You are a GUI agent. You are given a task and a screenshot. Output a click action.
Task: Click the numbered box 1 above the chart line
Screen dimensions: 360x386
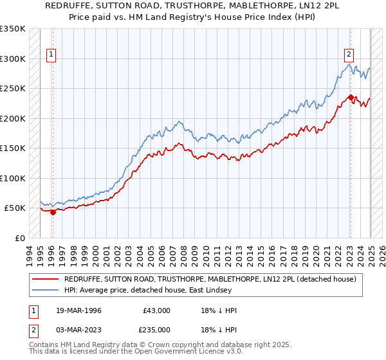(51, 55)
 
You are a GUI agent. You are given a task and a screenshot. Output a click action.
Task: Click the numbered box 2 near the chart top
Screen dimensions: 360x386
(349, 55)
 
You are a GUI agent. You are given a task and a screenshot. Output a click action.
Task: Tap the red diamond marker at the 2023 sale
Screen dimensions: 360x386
(350, 98)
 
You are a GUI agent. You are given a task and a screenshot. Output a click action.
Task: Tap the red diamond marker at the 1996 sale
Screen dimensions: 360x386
(53, 213)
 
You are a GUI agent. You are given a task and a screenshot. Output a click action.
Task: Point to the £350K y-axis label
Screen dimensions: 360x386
(13, 29)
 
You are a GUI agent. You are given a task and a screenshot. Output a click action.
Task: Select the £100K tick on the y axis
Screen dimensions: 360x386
(13, 178)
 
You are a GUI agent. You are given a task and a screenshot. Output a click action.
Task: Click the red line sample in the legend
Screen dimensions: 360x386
(45, 278)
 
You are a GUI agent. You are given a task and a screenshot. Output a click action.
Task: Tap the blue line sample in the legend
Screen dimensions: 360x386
(45, 290)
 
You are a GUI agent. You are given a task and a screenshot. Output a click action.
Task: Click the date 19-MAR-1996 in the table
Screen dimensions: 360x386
(77, 310)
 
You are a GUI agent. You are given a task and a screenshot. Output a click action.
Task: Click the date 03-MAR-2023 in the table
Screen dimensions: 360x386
(77, 330)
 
